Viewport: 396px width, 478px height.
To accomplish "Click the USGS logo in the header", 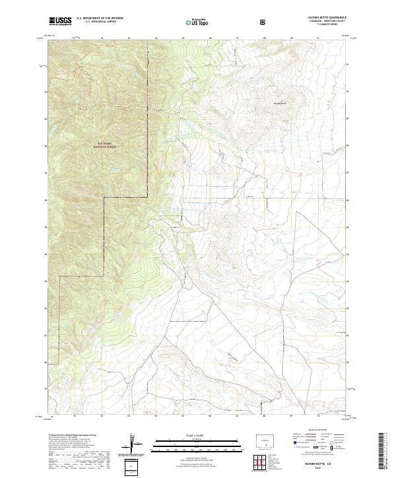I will point(60,22).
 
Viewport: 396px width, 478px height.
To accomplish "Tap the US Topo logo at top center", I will point(197,22).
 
